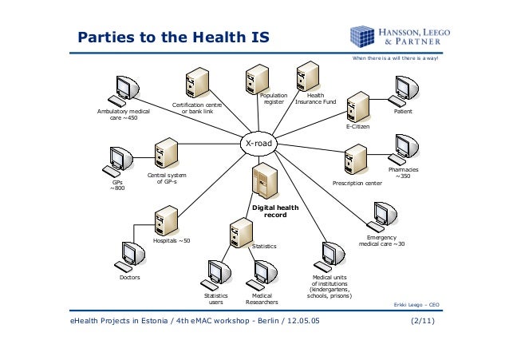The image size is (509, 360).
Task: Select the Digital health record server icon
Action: coord(263,182)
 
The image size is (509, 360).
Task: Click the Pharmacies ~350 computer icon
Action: coord(399,148)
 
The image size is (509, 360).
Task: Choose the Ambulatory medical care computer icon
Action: coord(124,90)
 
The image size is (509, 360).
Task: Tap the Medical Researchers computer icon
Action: coord(262,274)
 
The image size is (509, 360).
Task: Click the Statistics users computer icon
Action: coord(215,274)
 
